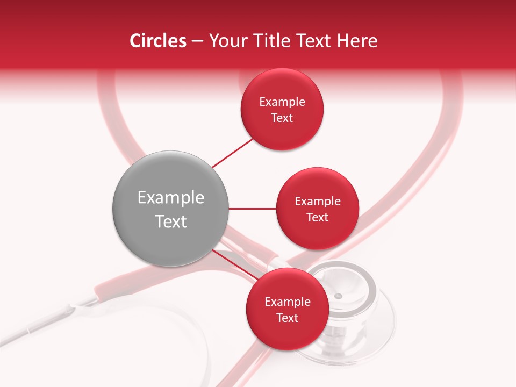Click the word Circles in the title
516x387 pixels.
click(x=157, y=41)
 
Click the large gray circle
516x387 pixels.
click(x=170, y=209)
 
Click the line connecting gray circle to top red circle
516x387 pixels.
click(x=232, y=153)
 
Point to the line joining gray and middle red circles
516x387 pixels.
click(x=252, y=209)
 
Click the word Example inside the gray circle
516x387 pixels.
click(x=170, y=198)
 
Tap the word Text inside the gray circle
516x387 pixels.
click(x=170, y=221)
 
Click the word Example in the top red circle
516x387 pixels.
click(x=282, y=102)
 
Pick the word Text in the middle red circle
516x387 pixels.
click(x=317, y=218)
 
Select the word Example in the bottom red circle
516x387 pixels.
click(x=287, y=302)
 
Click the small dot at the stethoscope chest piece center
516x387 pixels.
click(x=338, y=296)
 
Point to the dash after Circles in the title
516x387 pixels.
click(x=197, y=41)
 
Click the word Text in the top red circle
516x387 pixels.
click(x=282, y=118)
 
